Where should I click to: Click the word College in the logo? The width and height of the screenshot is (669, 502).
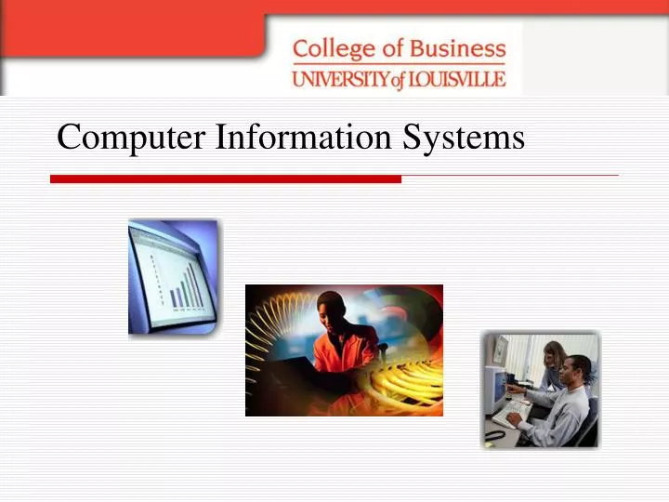[331, 49]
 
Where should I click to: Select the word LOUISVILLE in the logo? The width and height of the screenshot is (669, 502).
[456, 78]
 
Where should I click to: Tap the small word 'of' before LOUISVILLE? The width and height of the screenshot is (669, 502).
[398, 80]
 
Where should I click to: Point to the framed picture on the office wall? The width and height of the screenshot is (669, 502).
[500, 350]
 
